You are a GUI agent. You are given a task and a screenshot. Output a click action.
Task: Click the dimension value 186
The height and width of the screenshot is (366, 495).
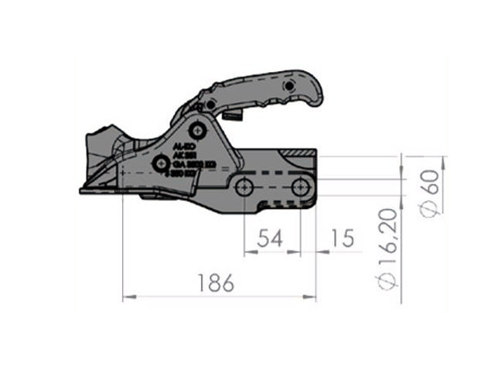216,283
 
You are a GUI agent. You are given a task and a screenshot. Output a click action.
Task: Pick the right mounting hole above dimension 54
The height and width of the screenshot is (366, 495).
299,186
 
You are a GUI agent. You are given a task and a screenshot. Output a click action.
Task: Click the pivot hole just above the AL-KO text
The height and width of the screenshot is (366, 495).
200,127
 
